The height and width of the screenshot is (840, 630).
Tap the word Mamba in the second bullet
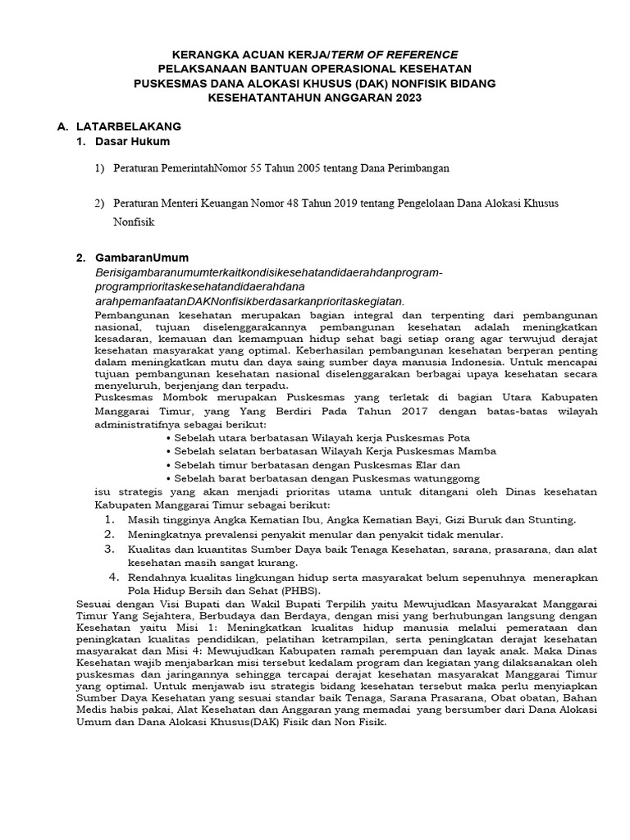[478, 450]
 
